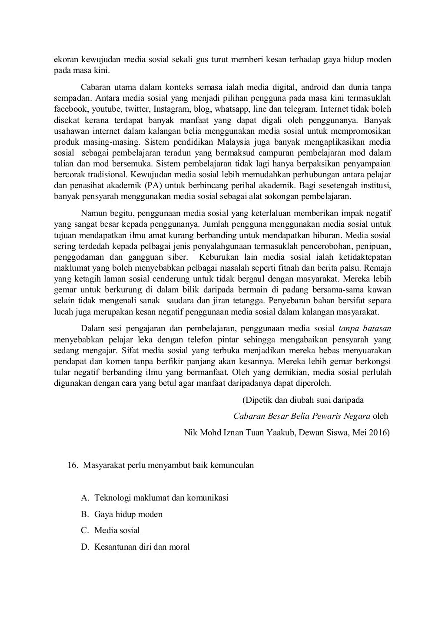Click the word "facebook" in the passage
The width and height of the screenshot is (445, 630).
pyautogui.click(x=70, y=109)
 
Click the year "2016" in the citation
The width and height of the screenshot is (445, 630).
pyautogui.click(x=377, y=432)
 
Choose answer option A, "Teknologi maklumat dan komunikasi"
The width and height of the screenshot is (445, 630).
pyautogui.click(x=161, y=497)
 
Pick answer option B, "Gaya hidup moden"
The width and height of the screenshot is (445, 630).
pyautogui.click(x=128, y=514)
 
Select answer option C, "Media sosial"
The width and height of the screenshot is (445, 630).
pyautogui.click(x=117, y=530)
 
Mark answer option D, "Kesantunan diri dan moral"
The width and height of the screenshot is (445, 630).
pyautogui.click(x=142, y=547)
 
